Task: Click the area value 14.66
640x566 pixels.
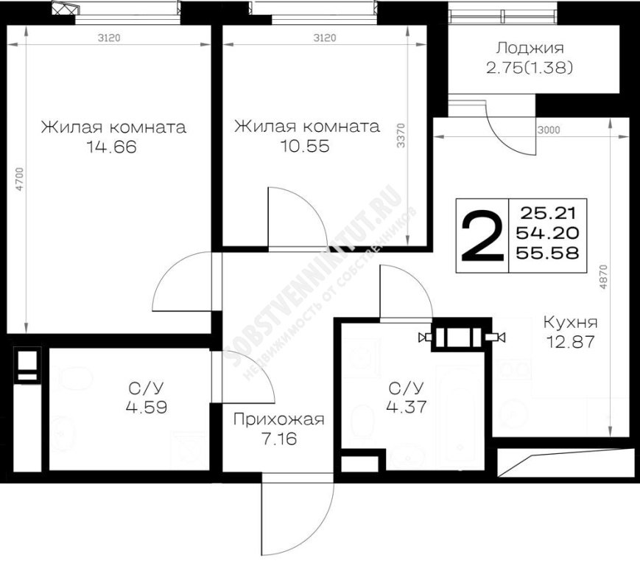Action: (x=111, y=147)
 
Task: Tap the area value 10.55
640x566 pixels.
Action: (x=304, y=146)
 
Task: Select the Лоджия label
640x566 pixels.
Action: (x=530, y=48)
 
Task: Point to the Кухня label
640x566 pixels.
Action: (x=570, y=322)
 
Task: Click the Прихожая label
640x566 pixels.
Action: (x=279, y=419)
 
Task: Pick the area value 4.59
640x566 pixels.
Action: (x=147, y=407)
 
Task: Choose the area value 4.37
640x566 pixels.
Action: (x=407, y=407)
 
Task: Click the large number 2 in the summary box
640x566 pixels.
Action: (x=482, y=236)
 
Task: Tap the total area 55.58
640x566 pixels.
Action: (x=547, y=254)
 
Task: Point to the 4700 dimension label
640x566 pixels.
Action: (x=20, y=179)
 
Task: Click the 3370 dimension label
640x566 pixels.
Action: (x=401, y=136)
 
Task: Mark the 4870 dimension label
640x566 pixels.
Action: (x=603, y=278)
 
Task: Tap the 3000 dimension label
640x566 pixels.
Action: (x=549, y=130)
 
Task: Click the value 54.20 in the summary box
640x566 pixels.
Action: (x=547, y=233)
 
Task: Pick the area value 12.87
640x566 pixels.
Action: (x=570, y=342)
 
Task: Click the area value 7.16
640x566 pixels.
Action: (x=279, y=439)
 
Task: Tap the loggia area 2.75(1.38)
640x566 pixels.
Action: (x=530, y=68)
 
